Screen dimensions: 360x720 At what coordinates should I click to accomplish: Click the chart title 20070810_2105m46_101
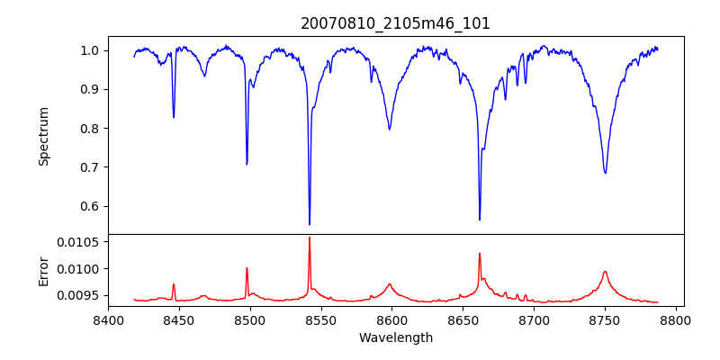(395, 23)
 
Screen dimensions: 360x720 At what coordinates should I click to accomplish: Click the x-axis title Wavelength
(395, 338)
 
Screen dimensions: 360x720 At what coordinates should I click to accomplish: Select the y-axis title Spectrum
(44, 136)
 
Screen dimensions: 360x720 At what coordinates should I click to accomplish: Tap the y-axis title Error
(44, 271)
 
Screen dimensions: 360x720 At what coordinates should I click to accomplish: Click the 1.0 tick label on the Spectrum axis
(90, 50)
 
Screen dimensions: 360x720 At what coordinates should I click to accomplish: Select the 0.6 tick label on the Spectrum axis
(90, 206)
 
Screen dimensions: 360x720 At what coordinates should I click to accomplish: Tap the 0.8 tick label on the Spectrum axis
(90, 129)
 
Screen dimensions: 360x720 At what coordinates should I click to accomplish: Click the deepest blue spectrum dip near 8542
(310, 224)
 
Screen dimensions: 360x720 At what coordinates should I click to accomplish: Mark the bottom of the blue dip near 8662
(480, 219)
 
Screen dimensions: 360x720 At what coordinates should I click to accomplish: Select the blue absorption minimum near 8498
(247, 164)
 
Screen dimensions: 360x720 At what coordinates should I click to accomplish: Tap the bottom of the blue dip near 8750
(605, 173)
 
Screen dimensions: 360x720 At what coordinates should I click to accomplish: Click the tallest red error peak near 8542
(310, 238)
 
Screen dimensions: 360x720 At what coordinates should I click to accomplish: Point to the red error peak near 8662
(480, 254)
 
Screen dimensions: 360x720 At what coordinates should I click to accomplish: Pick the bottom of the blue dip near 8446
(174, 117)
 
